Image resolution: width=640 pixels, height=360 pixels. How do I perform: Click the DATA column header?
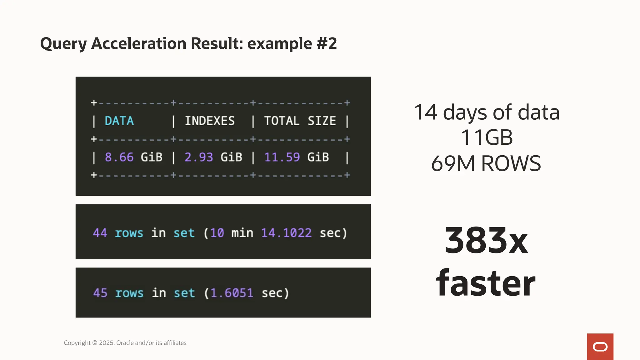tap(119, 121)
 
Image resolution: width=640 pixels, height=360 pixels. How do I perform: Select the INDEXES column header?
tap(210, 121)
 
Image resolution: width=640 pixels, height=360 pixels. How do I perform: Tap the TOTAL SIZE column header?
tap(300, 121)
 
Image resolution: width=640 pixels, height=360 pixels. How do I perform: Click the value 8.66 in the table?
tap(119, 157)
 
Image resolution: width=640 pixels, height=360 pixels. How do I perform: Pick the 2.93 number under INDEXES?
tap(199, 157)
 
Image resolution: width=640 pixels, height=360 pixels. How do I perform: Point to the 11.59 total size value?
tap(282, 157)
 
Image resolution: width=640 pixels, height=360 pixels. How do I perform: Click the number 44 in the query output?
tap(100, 233)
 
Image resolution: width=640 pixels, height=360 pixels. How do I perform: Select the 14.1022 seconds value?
tap(286, 233)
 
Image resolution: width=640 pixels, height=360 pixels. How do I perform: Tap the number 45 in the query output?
tap(100, 293)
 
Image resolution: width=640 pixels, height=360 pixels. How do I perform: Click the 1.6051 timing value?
tap(232, 293)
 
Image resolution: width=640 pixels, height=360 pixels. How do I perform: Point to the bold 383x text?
tap(486, 241)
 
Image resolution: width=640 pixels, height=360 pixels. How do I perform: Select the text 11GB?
tap(487, 137)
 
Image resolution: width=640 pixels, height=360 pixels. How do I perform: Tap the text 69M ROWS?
tap(486, 163)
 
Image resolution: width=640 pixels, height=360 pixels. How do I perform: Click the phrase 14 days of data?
tap(487, 112)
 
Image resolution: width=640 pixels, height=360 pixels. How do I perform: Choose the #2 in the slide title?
tap(327, 43)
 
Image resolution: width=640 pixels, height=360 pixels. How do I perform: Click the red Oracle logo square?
tap(600, 347)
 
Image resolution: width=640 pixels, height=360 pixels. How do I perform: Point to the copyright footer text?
tap(125, 343)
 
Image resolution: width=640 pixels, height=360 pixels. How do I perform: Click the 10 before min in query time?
tap(217, 233)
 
